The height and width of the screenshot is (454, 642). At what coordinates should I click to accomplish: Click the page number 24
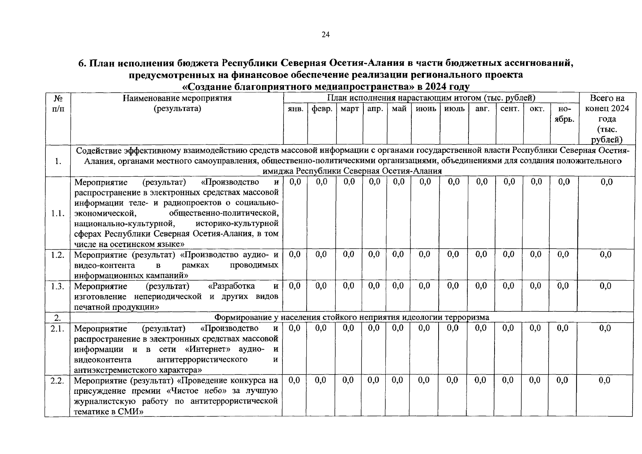[326, 35]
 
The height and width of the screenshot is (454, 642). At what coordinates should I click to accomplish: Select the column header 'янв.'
[295, 109]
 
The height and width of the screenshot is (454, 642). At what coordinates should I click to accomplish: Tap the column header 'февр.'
[322, 109]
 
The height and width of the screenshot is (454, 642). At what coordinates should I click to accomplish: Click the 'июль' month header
[454, 109]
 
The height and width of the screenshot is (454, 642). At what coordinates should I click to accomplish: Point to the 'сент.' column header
[509, 109]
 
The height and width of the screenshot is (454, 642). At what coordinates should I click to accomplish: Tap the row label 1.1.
[57, 213]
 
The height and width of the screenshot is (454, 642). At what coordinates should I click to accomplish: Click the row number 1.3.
[57, 286]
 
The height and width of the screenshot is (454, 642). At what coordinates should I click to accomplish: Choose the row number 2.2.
[57, 381]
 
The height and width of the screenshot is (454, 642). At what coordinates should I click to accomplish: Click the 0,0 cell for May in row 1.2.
[398, 255]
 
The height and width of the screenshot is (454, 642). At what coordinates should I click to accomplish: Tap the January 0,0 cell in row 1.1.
[295, 182]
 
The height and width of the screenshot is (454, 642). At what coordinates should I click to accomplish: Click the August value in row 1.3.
[481, 286]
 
